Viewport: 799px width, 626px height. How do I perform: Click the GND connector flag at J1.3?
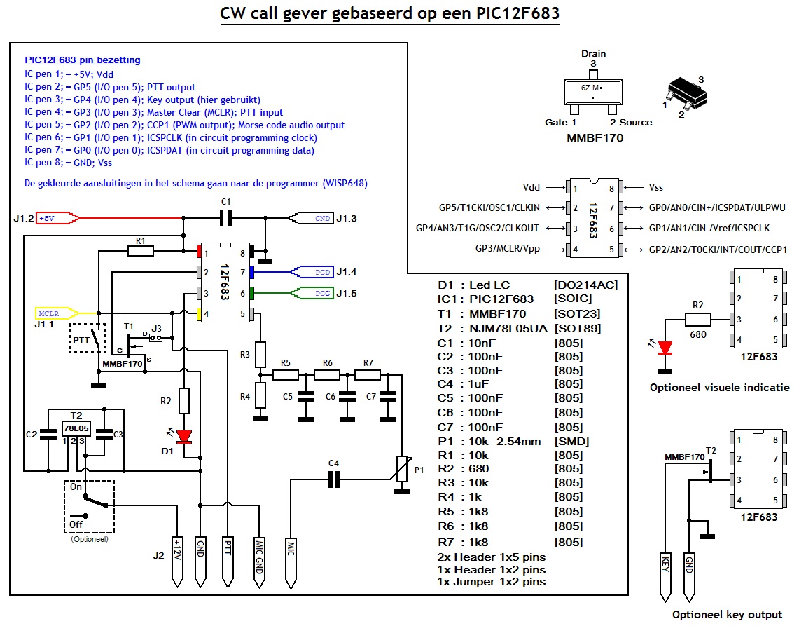click(x=313, y=218)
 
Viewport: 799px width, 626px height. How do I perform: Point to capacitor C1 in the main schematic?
click(x=225, y=219)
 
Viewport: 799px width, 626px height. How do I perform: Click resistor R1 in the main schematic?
click(x=140, y=251)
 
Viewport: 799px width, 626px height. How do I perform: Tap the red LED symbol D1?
click(x=184, y=437)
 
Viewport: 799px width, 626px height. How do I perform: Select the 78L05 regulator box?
click(x=75, y=428)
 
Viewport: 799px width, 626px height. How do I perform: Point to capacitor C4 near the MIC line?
click(x=334, y=479)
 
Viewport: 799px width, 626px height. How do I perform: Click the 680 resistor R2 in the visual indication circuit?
click(x=697, y=320)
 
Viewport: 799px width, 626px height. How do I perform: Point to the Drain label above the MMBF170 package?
click(x=593, y=53)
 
